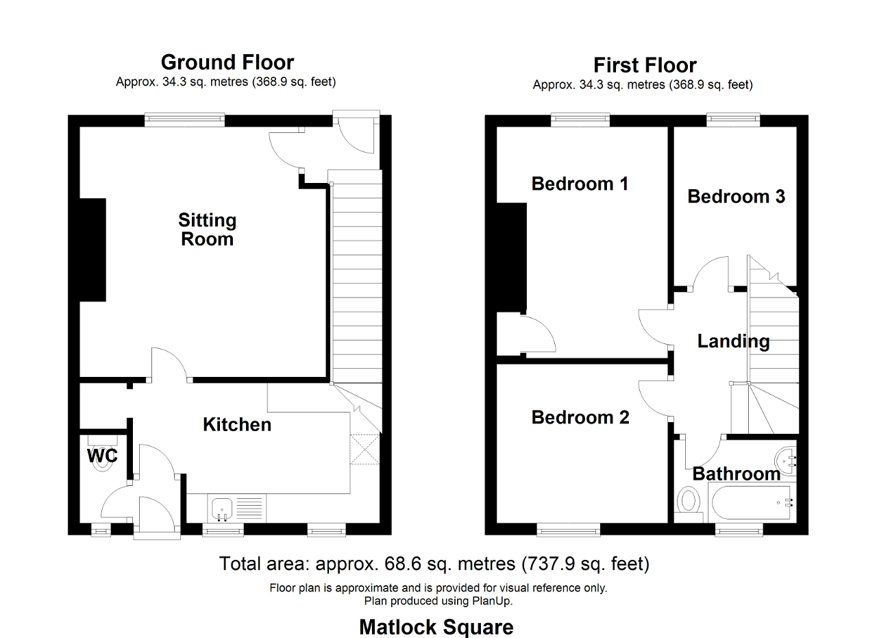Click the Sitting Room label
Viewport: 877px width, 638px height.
207,230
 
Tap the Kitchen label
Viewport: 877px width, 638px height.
237,425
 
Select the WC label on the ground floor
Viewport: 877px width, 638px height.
102,456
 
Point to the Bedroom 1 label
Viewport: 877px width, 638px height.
580,184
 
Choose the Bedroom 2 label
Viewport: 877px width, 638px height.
580,417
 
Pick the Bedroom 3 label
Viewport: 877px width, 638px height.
736,197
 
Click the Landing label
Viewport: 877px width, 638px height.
733,341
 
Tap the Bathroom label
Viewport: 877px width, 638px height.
737,474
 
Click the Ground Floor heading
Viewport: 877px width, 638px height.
227,62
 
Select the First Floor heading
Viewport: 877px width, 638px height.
645,65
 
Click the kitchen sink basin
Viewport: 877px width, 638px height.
222,508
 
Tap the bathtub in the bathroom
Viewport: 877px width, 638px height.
751,502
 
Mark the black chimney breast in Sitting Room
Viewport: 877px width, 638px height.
92,250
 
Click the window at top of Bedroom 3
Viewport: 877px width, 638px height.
733,120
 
